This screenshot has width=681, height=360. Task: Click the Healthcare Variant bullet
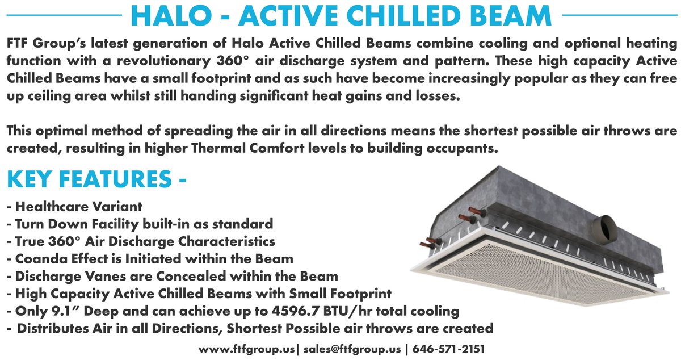[76, 206]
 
